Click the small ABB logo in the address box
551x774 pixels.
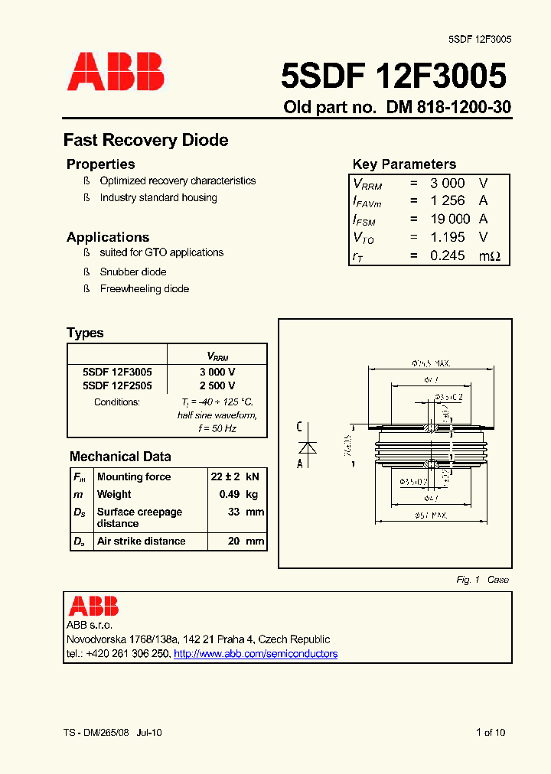[93, 607]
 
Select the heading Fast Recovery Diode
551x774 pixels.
[145, 140]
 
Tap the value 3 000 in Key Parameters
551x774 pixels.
[448, 183]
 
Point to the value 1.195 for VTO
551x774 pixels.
[448, 237]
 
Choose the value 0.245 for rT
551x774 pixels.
[448, 255]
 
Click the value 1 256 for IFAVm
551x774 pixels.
[448, 200]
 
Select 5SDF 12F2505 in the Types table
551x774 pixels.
[117, 385]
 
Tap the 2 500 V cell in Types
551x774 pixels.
[217, 385]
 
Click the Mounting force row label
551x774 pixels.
[134, 476]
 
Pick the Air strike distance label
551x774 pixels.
[141, 541]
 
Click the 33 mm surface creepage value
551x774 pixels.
[246, 512]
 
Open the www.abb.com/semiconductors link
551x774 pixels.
[256, 654]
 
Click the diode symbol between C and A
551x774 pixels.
[308, 445]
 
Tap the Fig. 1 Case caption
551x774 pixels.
[482, 580]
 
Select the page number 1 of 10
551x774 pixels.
[491, 733]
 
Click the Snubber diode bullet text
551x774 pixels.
[132, 272]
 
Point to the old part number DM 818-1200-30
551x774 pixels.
[448, 108]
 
